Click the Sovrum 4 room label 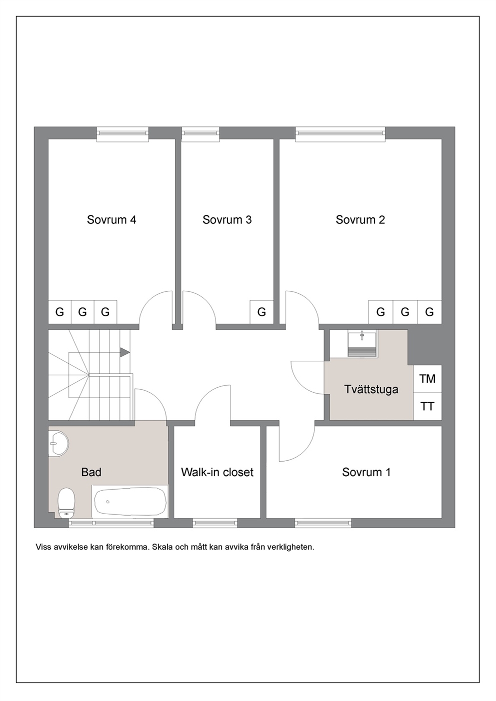pyautogui.click(x=111, y=220)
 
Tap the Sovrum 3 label pyautogui.click(x=227, y=220)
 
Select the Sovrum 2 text pyautogui.click(x=360, y=220)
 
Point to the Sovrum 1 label pyautogui.click(x=366, y=472)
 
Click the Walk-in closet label pyautogui.click(x=217, y=472)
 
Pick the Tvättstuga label pyautogui.click(x=371, y=390)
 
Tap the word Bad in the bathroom pyautogui.click(x=91, y=472)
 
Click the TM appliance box pyautogui.click(x=427, y=379)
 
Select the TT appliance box pyautogui.click(x=427, y=407)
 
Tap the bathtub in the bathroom pyautogui.click(x=130, y=501)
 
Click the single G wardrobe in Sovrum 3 pyautogui.click(x=262, y=312)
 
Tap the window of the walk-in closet pyautogui.click(x=215, y=523)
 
